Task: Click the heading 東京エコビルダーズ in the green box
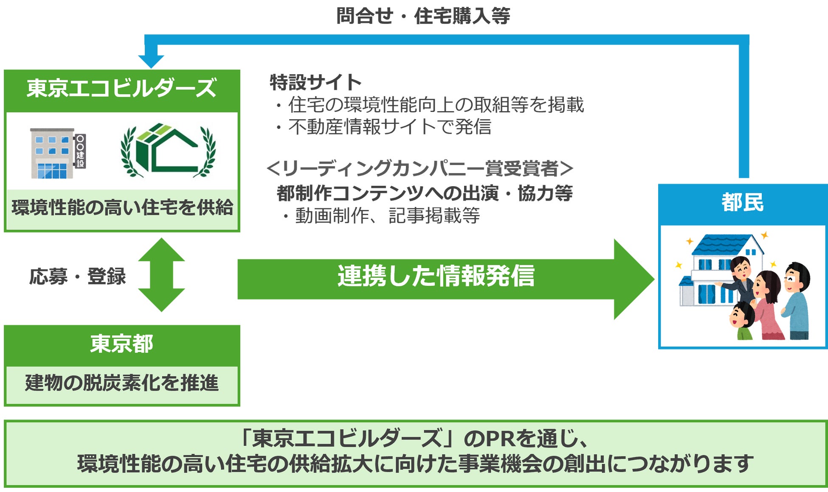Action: pyautogui.click(x=121, y=88)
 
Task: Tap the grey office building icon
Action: pyautogui.click(x=53, y=154)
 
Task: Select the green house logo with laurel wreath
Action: pyautogui.click(x=168, y=150)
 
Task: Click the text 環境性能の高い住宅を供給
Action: pyautogui.click(x=122, y=208)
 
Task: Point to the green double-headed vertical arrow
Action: pyautogui.click(x=161, y=275)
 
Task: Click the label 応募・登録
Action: pyautogui.click(x=78, y=277)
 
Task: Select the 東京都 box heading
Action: pyautogui.click(x=121, y=344)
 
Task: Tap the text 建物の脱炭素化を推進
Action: pyautogui.click(x=122, y=383)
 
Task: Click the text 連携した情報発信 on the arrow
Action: pyautogui.click(x=436, y=276)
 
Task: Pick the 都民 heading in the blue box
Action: pyautogui.click(x=742, y=202)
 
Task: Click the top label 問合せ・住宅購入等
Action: pyautogui.click(x=423, y=16)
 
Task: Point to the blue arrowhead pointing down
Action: pyautogui.click(x=151, y=61)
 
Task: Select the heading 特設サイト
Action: pyautogui.click(x=316, y=82)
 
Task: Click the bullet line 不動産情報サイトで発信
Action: pyautogui.click(x=389, y=127)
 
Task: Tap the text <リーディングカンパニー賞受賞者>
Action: pyautogui.click(x=420, y=169)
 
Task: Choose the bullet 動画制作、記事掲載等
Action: pyautogui.click(x=387, y=216)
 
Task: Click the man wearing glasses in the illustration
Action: pyautogui.click(x=796, y=299)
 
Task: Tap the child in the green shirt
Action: pyautogui.click(x=741, y=321)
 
